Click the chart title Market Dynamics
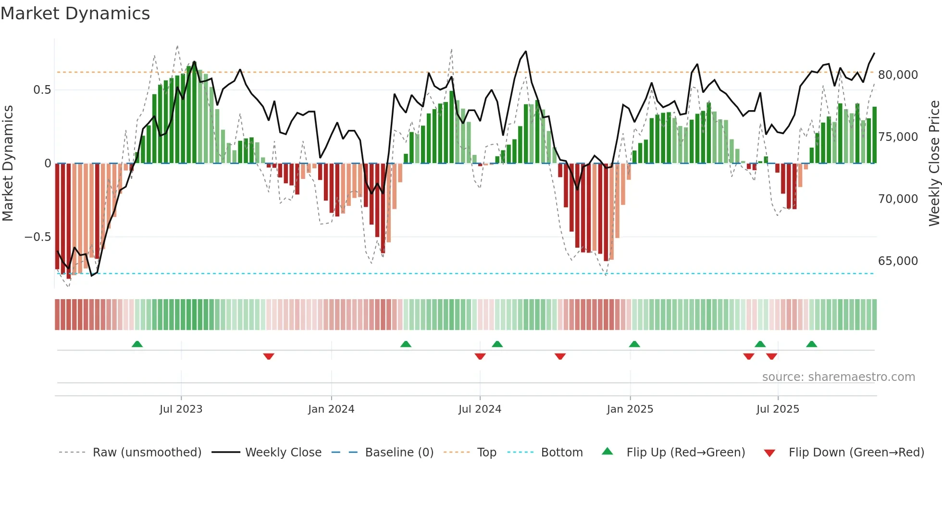tap(75, 13)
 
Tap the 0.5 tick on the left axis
tap(42, 90)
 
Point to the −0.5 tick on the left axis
tap(37, 237)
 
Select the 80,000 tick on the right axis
tap(898, 75)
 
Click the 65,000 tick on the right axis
tap(898, 261)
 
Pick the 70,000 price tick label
tap(898, 199)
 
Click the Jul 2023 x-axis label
tap(181, 409)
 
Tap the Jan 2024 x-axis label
tap(331, 409)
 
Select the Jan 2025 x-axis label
tap(630, 409)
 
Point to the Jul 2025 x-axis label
tap(778, 409)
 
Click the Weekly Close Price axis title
tap(934, 164)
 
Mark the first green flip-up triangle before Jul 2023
tap(137, 344)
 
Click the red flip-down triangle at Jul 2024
tap(480, 356)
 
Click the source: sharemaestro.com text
tap(838, 377)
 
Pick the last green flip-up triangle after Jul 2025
tap(811, 344)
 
